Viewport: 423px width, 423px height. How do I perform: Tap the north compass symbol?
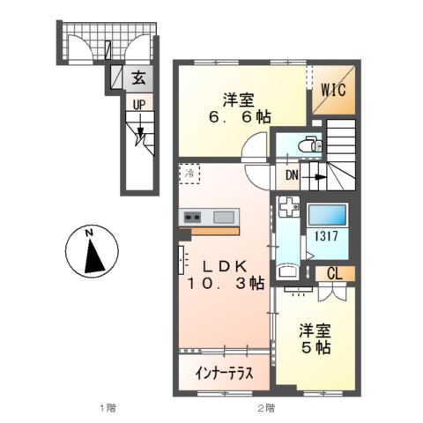(x=90, y=250)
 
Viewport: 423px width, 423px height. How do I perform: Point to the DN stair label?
(x=291, y=175)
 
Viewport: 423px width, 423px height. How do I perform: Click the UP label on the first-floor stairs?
(x=138, y=105)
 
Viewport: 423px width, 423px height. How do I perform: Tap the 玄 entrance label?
(x=138, y=78)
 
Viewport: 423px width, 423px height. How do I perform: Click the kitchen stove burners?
(x=192, y=217)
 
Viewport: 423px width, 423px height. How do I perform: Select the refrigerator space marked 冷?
(x=189, y=173)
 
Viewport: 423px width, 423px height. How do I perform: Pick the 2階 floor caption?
(x=265, y=407)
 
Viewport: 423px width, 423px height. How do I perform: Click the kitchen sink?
(x=224, y=217)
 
